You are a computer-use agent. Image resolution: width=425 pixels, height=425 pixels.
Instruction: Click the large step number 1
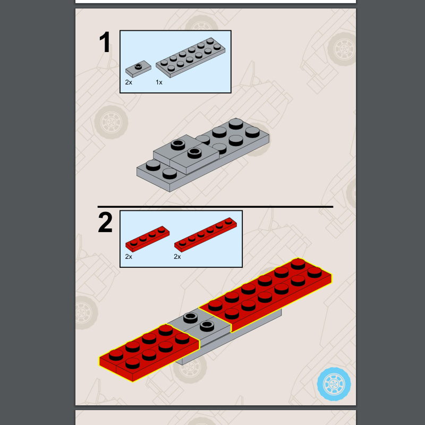point(105,42)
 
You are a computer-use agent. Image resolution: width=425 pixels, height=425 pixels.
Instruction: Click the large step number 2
point(105,222)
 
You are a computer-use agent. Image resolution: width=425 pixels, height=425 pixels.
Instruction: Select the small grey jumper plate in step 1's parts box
point(138,69)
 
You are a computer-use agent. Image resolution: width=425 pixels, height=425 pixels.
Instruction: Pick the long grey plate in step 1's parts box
point(190,58)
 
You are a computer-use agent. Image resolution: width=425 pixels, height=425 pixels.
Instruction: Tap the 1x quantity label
point(159,82)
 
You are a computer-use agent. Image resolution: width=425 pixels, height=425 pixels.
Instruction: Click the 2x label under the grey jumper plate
point(129,82)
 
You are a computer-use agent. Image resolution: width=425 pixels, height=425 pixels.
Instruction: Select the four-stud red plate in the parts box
point(147,239)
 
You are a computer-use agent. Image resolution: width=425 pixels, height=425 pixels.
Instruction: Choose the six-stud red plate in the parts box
point(206,235)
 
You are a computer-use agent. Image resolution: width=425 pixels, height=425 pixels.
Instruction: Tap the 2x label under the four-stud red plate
point(129,257)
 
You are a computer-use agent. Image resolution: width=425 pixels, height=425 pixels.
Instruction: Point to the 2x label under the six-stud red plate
point(177,257)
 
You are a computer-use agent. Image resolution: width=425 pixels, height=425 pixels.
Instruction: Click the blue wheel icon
point(334,384)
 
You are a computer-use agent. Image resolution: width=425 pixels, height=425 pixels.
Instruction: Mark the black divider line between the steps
point(215,207)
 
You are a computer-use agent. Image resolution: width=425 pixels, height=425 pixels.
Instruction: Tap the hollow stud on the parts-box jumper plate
point(139,66)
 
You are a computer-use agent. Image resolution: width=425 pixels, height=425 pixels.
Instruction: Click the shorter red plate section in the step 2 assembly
point(149,353)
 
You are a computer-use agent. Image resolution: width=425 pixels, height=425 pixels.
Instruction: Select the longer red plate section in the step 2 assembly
point(266,294)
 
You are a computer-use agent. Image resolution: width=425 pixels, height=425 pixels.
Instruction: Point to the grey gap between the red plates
point(199,322)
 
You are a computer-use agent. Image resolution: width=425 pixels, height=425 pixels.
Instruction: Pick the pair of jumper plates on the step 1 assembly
point(186,154)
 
